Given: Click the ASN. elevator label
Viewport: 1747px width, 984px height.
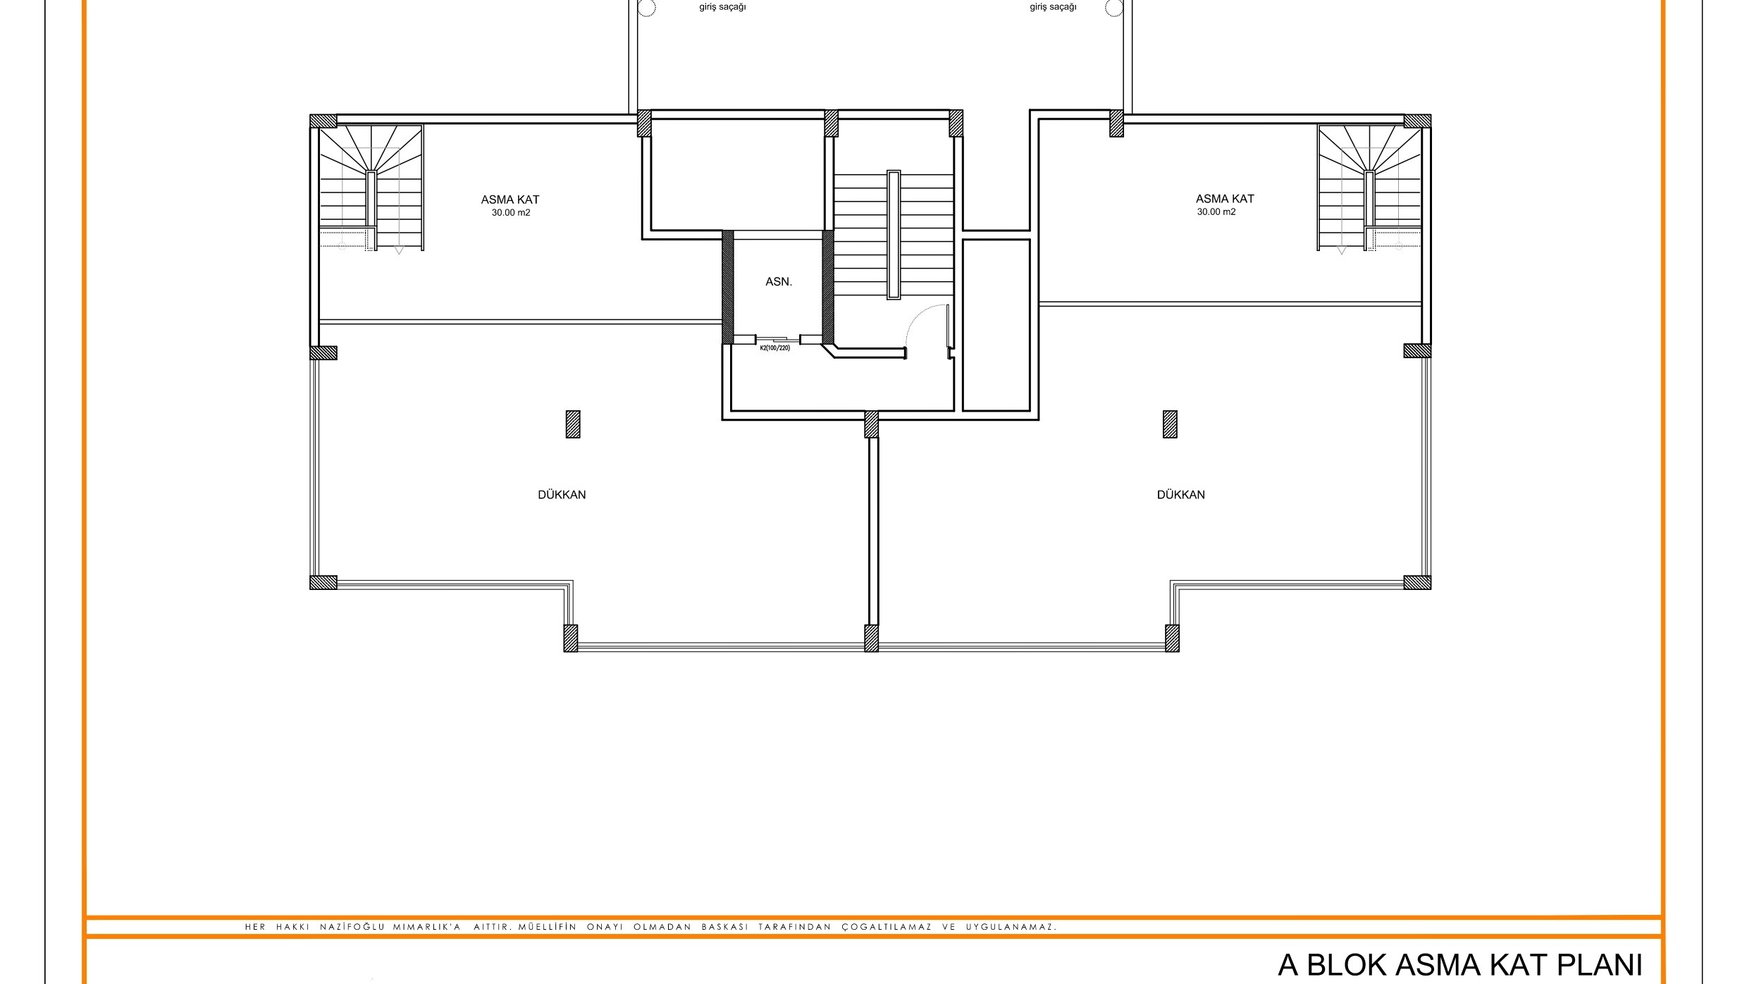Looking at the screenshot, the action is tap(779, 282).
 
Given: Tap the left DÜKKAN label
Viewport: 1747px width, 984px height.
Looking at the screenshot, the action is tap(562, 495).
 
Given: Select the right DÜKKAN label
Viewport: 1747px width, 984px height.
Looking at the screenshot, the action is tap(1180, 495).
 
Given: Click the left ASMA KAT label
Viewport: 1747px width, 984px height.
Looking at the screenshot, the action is tap(510, 199).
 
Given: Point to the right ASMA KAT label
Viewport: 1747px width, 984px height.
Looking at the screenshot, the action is tap(1225, 199).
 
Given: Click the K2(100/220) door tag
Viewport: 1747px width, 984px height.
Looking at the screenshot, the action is tap(774, 348).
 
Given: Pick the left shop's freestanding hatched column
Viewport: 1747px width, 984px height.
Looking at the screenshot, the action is tap(573, 424).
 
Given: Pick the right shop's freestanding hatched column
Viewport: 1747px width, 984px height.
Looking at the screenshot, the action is tap(1170, 424).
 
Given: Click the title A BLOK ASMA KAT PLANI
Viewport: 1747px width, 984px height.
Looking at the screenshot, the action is tap(1459, 965).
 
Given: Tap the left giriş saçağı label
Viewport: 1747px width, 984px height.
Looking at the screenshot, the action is tap(722, 7).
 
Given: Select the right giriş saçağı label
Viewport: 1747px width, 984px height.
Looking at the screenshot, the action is tap(1053, 7).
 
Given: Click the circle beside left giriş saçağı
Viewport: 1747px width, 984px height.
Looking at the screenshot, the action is tap(647, 8).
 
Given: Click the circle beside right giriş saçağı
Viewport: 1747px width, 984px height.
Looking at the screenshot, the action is tap(1114, 8).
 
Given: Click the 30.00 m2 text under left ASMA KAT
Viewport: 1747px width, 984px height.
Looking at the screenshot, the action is tap(511, 213).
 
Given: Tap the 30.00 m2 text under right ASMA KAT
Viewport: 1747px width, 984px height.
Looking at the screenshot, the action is tap(1216, 212).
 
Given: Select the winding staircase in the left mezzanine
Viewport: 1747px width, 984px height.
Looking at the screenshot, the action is tap(371, 188).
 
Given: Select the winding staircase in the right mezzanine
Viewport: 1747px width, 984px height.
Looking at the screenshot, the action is tap(1369, 188).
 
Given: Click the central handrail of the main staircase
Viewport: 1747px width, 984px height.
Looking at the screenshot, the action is tap(894, 235).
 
